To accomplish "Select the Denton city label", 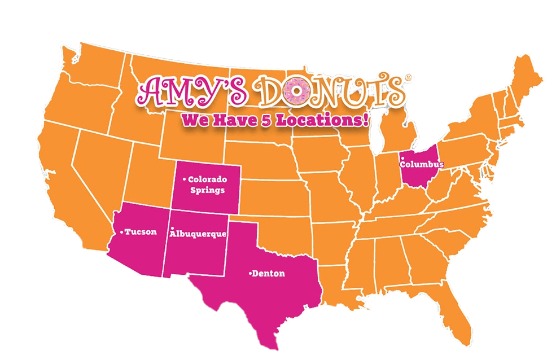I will tap(269, 274).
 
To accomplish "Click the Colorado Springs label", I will tap(207, 185).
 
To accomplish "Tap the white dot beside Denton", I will tap(250, 274).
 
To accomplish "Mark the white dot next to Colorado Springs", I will tap(184, 179).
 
